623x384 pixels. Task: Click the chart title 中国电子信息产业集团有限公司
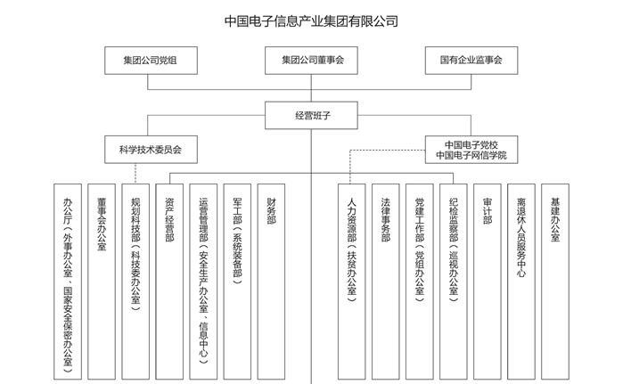(311, 19)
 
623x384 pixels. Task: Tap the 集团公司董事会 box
(312, 60)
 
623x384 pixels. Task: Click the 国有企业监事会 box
(471, 60)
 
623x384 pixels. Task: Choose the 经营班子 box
(312, 114)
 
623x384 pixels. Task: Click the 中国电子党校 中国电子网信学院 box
(471, 149)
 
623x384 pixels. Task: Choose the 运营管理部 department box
(203, 277)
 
